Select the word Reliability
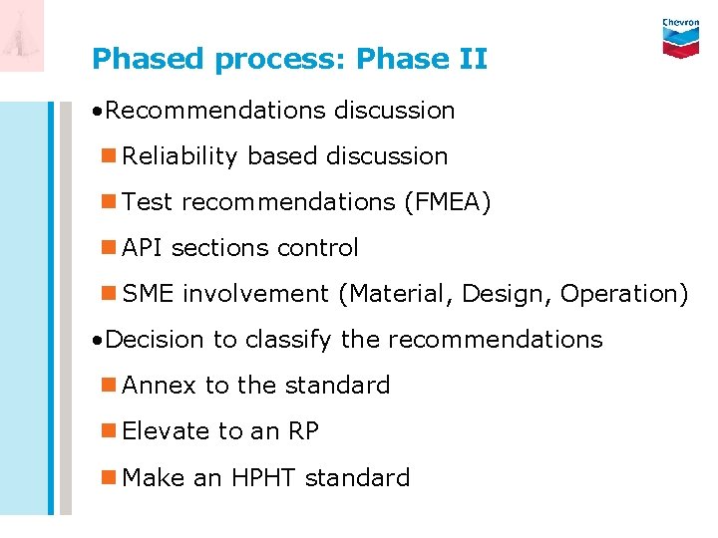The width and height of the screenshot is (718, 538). tap(180, 156)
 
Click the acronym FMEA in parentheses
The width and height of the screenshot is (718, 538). tap(447, 202)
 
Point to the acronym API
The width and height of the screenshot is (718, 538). tap(142, 248)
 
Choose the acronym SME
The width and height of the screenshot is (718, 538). tap(149, 294)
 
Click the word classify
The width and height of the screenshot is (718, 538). tap(287, 340)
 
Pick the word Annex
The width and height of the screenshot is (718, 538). tap(160, 386)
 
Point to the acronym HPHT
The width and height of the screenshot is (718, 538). tap(263, 477)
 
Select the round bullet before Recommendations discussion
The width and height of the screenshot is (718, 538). tap(95, 111)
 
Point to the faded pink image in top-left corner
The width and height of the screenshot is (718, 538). tap(22, 36)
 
